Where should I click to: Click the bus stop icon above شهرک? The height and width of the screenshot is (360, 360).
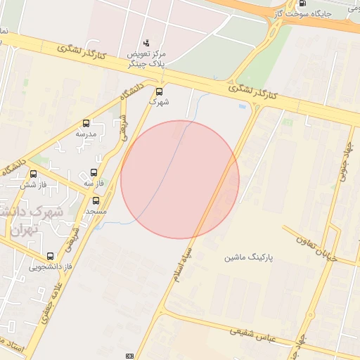point(159,91)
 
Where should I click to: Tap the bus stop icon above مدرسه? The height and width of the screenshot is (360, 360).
point(86,123)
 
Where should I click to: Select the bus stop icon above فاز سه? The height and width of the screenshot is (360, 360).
point(95,173)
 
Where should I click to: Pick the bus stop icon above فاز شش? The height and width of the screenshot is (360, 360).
point(33,174)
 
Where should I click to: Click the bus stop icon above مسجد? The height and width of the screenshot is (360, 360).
point(96,200)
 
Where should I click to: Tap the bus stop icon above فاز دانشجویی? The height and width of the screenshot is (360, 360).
point(49,257)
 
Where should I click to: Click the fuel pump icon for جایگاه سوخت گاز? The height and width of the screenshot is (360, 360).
point(302,3)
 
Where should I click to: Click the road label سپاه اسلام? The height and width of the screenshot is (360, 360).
point(183,264)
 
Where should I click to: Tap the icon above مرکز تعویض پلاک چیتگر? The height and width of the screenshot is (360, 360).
point(146,43)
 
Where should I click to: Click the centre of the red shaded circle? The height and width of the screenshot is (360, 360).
point(180,180)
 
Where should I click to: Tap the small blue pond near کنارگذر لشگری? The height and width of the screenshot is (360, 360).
point(243,106)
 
